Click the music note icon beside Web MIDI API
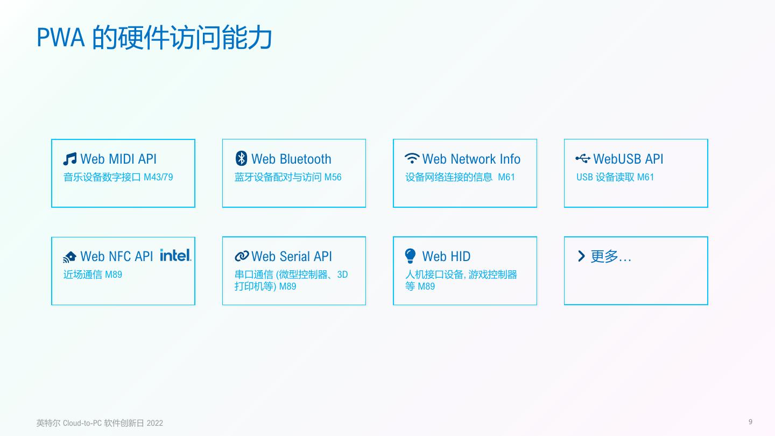coord(70,159)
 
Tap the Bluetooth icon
coord(242,158)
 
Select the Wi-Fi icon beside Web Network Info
coord(412,158)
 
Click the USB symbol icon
coord(583,158)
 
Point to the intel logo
coord(175,255)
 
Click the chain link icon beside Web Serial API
coord(242,256)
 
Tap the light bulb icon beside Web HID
coord(411,256)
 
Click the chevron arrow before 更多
coord(581,256)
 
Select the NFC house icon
coord(70,257)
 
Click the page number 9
coord(750,422)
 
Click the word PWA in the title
coord(60,38)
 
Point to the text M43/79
coord(158,177)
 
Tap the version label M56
coord(333,177)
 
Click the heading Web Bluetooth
coord(291,159)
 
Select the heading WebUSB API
coord(628,159)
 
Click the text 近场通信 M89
coord(93,275)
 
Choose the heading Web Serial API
coord(291,256)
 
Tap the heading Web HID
coord(446,256)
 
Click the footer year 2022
coord(154,423)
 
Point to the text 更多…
coord(611,256)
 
